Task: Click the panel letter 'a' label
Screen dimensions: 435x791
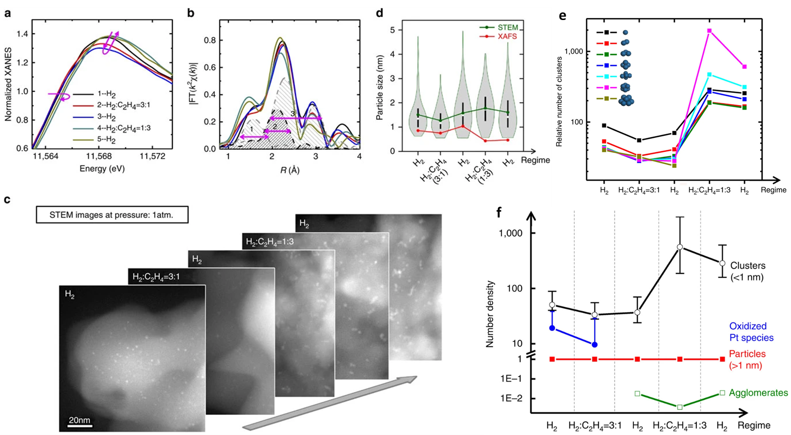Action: pos(7,13)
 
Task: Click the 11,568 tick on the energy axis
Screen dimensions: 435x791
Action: pos(99,156)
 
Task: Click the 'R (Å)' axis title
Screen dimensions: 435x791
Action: pos(290,170)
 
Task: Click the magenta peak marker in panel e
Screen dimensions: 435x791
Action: pos(709,31)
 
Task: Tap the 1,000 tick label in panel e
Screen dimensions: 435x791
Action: pos(574,52)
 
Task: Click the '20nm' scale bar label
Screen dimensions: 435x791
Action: pos(79,420)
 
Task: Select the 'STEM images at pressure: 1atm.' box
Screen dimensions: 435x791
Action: pos(112,215)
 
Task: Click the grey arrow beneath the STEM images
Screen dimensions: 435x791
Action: pos(329,403)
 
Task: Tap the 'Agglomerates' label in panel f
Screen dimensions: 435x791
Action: pos(758,393)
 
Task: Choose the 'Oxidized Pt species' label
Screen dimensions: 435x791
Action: pos(751,332)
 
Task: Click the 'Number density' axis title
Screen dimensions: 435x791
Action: pos(490,314)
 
